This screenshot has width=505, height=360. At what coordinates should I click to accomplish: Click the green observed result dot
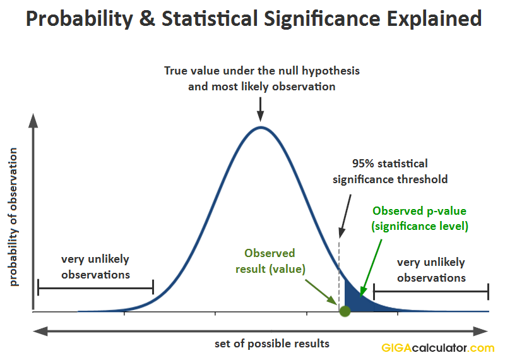[345, 311]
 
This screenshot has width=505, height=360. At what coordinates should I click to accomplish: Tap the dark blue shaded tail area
[353, 299]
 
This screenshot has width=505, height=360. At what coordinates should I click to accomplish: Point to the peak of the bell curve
[261, 128]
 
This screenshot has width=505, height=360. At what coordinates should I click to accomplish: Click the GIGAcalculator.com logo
[437, 348]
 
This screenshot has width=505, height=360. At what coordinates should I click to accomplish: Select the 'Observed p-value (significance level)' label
[420, 218]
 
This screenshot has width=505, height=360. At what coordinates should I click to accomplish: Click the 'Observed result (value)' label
[270, 261]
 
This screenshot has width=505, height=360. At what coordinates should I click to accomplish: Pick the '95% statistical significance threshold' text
[390, 171]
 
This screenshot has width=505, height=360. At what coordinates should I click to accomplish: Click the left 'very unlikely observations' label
[95, 267]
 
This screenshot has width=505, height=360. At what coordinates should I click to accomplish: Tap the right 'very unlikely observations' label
[431, 270]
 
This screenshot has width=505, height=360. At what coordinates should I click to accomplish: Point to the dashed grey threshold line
[339, 265]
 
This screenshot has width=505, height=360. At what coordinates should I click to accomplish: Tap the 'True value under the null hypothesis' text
[262, 71]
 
